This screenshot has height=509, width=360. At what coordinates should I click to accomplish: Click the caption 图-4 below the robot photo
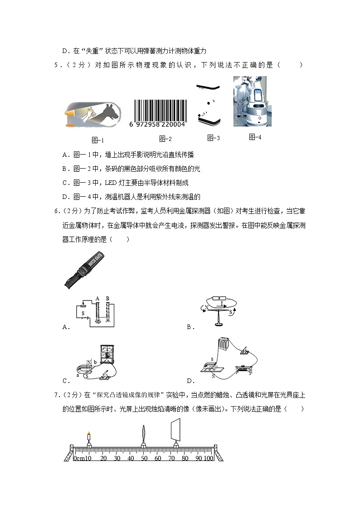(255, 137)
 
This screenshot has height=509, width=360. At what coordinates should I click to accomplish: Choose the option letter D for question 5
(64, 197)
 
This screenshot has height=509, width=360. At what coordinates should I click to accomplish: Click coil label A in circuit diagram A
(97, 299)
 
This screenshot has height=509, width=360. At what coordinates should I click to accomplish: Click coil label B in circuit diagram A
(107, 299)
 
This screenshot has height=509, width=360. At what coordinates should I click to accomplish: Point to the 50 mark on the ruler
(144, 458)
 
